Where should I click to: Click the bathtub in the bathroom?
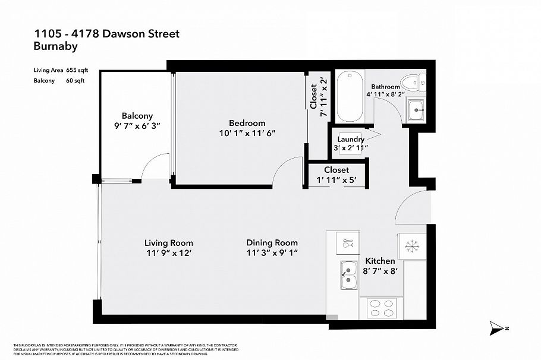coord(348,94)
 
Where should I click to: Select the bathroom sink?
coord(415,109)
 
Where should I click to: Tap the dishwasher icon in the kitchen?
coord(348,242)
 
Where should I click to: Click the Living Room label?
coord(169,243)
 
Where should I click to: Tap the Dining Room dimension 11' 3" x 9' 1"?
coord(272,253)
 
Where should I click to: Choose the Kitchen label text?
coord(380,261)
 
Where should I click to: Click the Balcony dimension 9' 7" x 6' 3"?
coord(137,126)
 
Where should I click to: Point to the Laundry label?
coord(349,140)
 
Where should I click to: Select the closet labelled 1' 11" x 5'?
coord(336,175)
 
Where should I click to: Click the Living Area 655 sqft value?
coord(76,70)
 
